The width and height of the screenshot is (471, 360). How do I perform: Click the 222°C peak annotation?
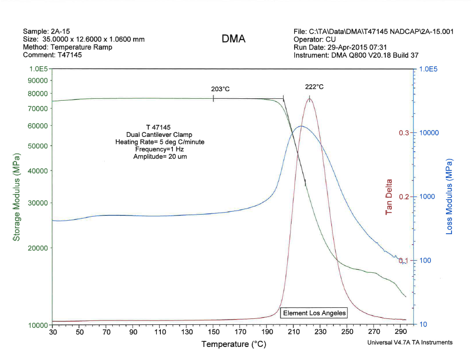pyautogui.click(x=315, y=87)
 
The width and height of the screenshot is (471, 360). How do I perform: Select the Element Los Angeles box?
pyautogui.click(x=314, y=313)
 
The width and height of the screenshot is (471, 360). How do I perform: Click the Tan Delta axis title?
pyautogui.click(x=389, y=197)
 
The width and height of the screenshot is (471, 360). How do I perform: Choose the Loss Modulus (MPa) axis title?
pyautogui.click(x=449, y=197)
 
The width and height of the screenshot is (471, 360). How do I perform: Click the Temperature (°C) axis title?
pyautogui.click(x=233, y=344)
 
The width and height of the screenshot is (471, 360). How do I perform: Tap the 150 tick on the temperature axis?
pyautogui.click(x=213, y=332)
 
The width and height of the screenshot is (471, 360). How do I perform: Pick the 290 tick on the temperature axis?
pyautogui.click(x=400, y=332)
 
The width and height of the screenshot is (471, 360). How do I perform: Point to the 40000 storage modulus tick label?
pyautogui.click(x=36, y=171)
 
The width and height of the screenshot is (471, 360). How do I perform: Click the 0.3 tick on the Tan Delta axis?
pyautogui.click(x=404, y=133)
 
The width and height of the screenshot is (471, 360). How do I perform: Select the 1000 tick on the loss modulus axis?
pyautogui.click(x=430, y=197)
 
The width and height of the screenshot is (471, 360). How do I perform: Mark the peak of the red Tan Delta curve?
pyautogui.click(x=310, y=99)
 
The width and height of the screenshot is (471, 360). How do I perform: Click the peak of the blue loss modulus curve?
pyautogui.click(x=300, y=126)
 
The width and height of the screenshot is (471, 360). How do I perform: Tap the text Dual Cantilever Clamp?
pyautogui.click(x=160, y=134)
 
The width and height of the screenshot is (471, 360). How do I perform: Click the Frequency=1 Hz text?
pyautogui.click(x=160, y=149)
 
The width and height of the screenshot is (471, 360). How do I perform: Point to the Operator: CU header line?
pyautogui.click(x=315, y=39)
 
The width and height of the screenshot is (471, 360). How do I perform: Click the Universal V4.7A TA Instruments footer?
pyautogui.click(x=410, y=342)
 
